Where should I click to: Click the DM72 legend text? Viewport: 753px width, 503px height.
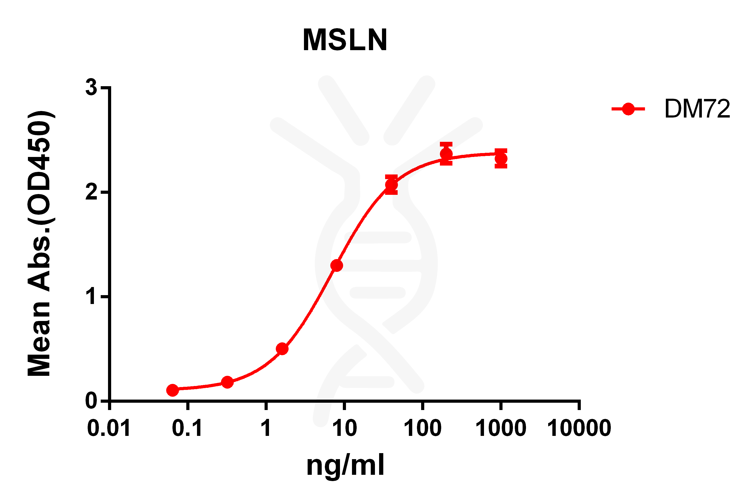697,109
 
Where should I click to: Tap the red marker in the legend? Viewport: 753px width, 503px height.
628,109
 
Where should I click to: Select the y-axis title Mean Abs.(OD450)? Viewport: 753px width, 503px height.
39,244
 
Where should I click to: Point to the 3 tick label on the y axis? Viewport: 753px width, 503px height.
91,87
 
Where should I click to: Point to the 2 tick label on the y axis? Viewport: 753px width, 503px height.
91,192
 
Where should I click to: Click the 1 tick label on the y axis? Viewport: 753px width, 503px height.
92,297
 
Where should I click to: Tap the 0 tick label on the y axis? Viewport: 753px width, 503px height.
91,401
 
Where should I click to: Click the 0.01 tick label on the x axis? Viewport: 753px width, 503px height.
109,428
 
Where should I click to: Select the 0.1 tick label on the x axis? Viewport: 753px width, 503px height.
187,428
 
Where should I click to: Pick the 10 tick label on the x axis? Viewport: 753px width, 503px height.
345,428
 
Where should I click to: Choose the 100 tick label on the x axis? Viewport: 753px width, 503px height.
423,428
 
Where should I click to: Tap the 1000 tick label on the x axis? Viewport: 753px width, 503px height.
501,428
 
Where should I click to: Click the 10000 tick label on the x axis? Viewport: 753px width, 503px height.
579,428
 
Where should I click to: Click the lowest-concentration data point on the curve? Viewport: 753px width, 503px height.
172,390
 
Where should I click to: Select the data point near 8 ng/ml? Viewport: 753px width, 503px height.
336,266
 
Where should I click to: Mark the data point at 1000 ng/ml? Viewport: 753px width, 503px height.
501,159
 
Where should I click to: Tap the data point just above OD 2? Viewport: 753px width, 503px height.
391,185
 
